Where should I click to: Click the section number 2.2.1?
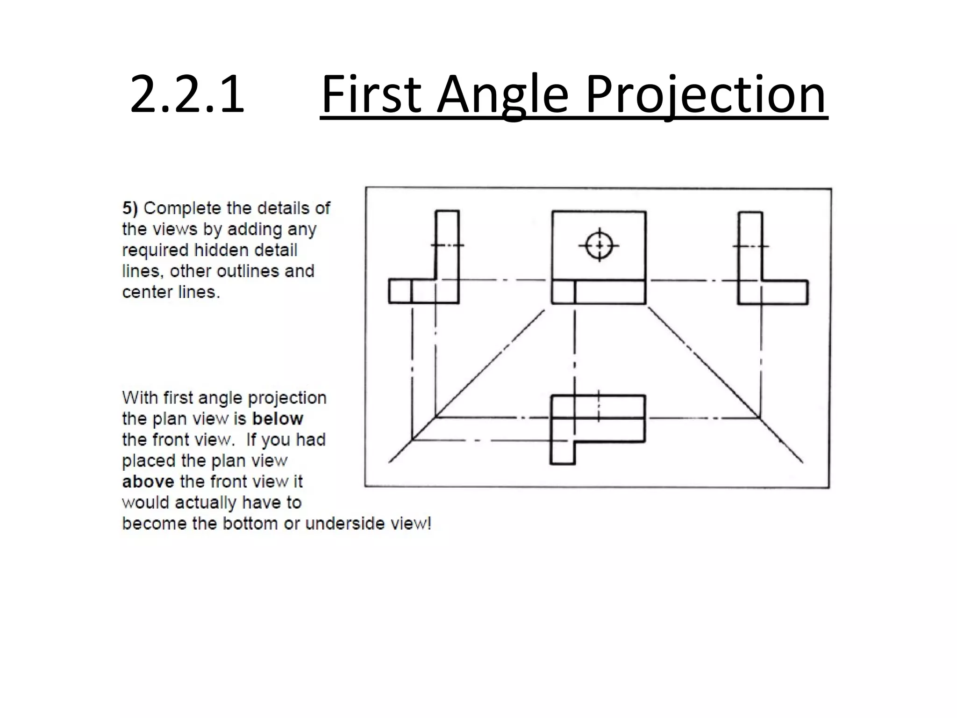(x=187, y=95)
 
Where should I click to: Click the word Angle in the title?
(x=502, y=95)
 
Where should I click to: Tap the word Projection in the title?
(x=706, y=95)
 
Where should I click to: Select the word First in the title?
(x=371, y=95)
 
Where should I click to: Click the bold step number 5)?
(x=130, y=208)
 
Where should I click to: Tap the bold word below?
(x=278, y=418)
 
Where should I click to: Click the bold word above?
(x=148, y=481)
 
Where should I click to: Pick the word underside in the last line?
(x=345, y=524)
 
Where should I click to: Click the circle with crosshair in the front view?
(x=599, y=245)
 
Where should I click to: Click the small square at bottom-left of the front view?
(x=563, y=292)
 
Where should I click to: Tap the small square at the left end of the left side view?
(x=400, y=291)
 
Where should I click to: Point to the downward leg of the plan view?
(x=563, y=452)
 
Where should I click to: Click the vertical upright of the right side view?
(x=750, y=245)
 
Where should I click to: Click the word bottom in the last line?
(x=251, y=524)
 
